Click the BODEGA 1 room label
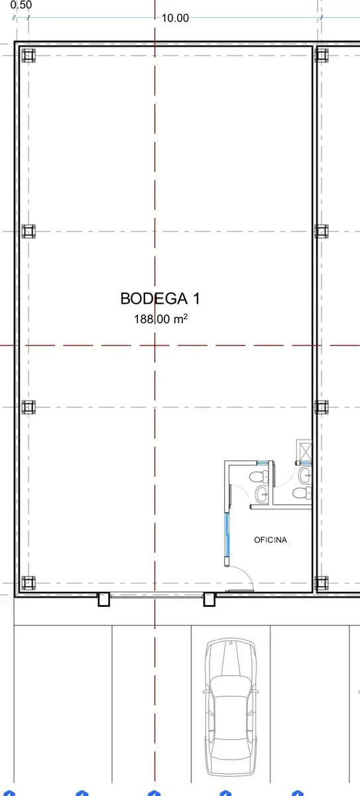pos(160,298)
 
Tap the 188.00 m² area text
pos(160,319)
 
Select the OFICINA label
pos(270,540)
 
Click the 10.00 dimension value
pos(175,18)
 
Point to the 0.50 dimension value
pos(21,5)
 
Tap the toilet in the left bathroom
pos(259,476)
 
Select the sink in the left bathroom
pos(263,494)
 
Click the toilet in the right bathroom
pos(302,494)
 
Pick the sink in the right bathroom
pos(305,476)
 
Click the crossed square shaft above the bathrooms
pos(304,450)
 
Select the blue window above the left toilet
pos(263,462)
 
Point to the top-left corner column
pos(29,56)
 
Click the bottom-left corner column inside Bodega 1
pos(29,583)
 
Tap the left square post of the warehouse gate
pos(103,600)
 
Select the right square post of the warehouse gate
pos(209,600)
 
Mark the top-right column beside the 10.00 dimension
pos(322,56)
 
